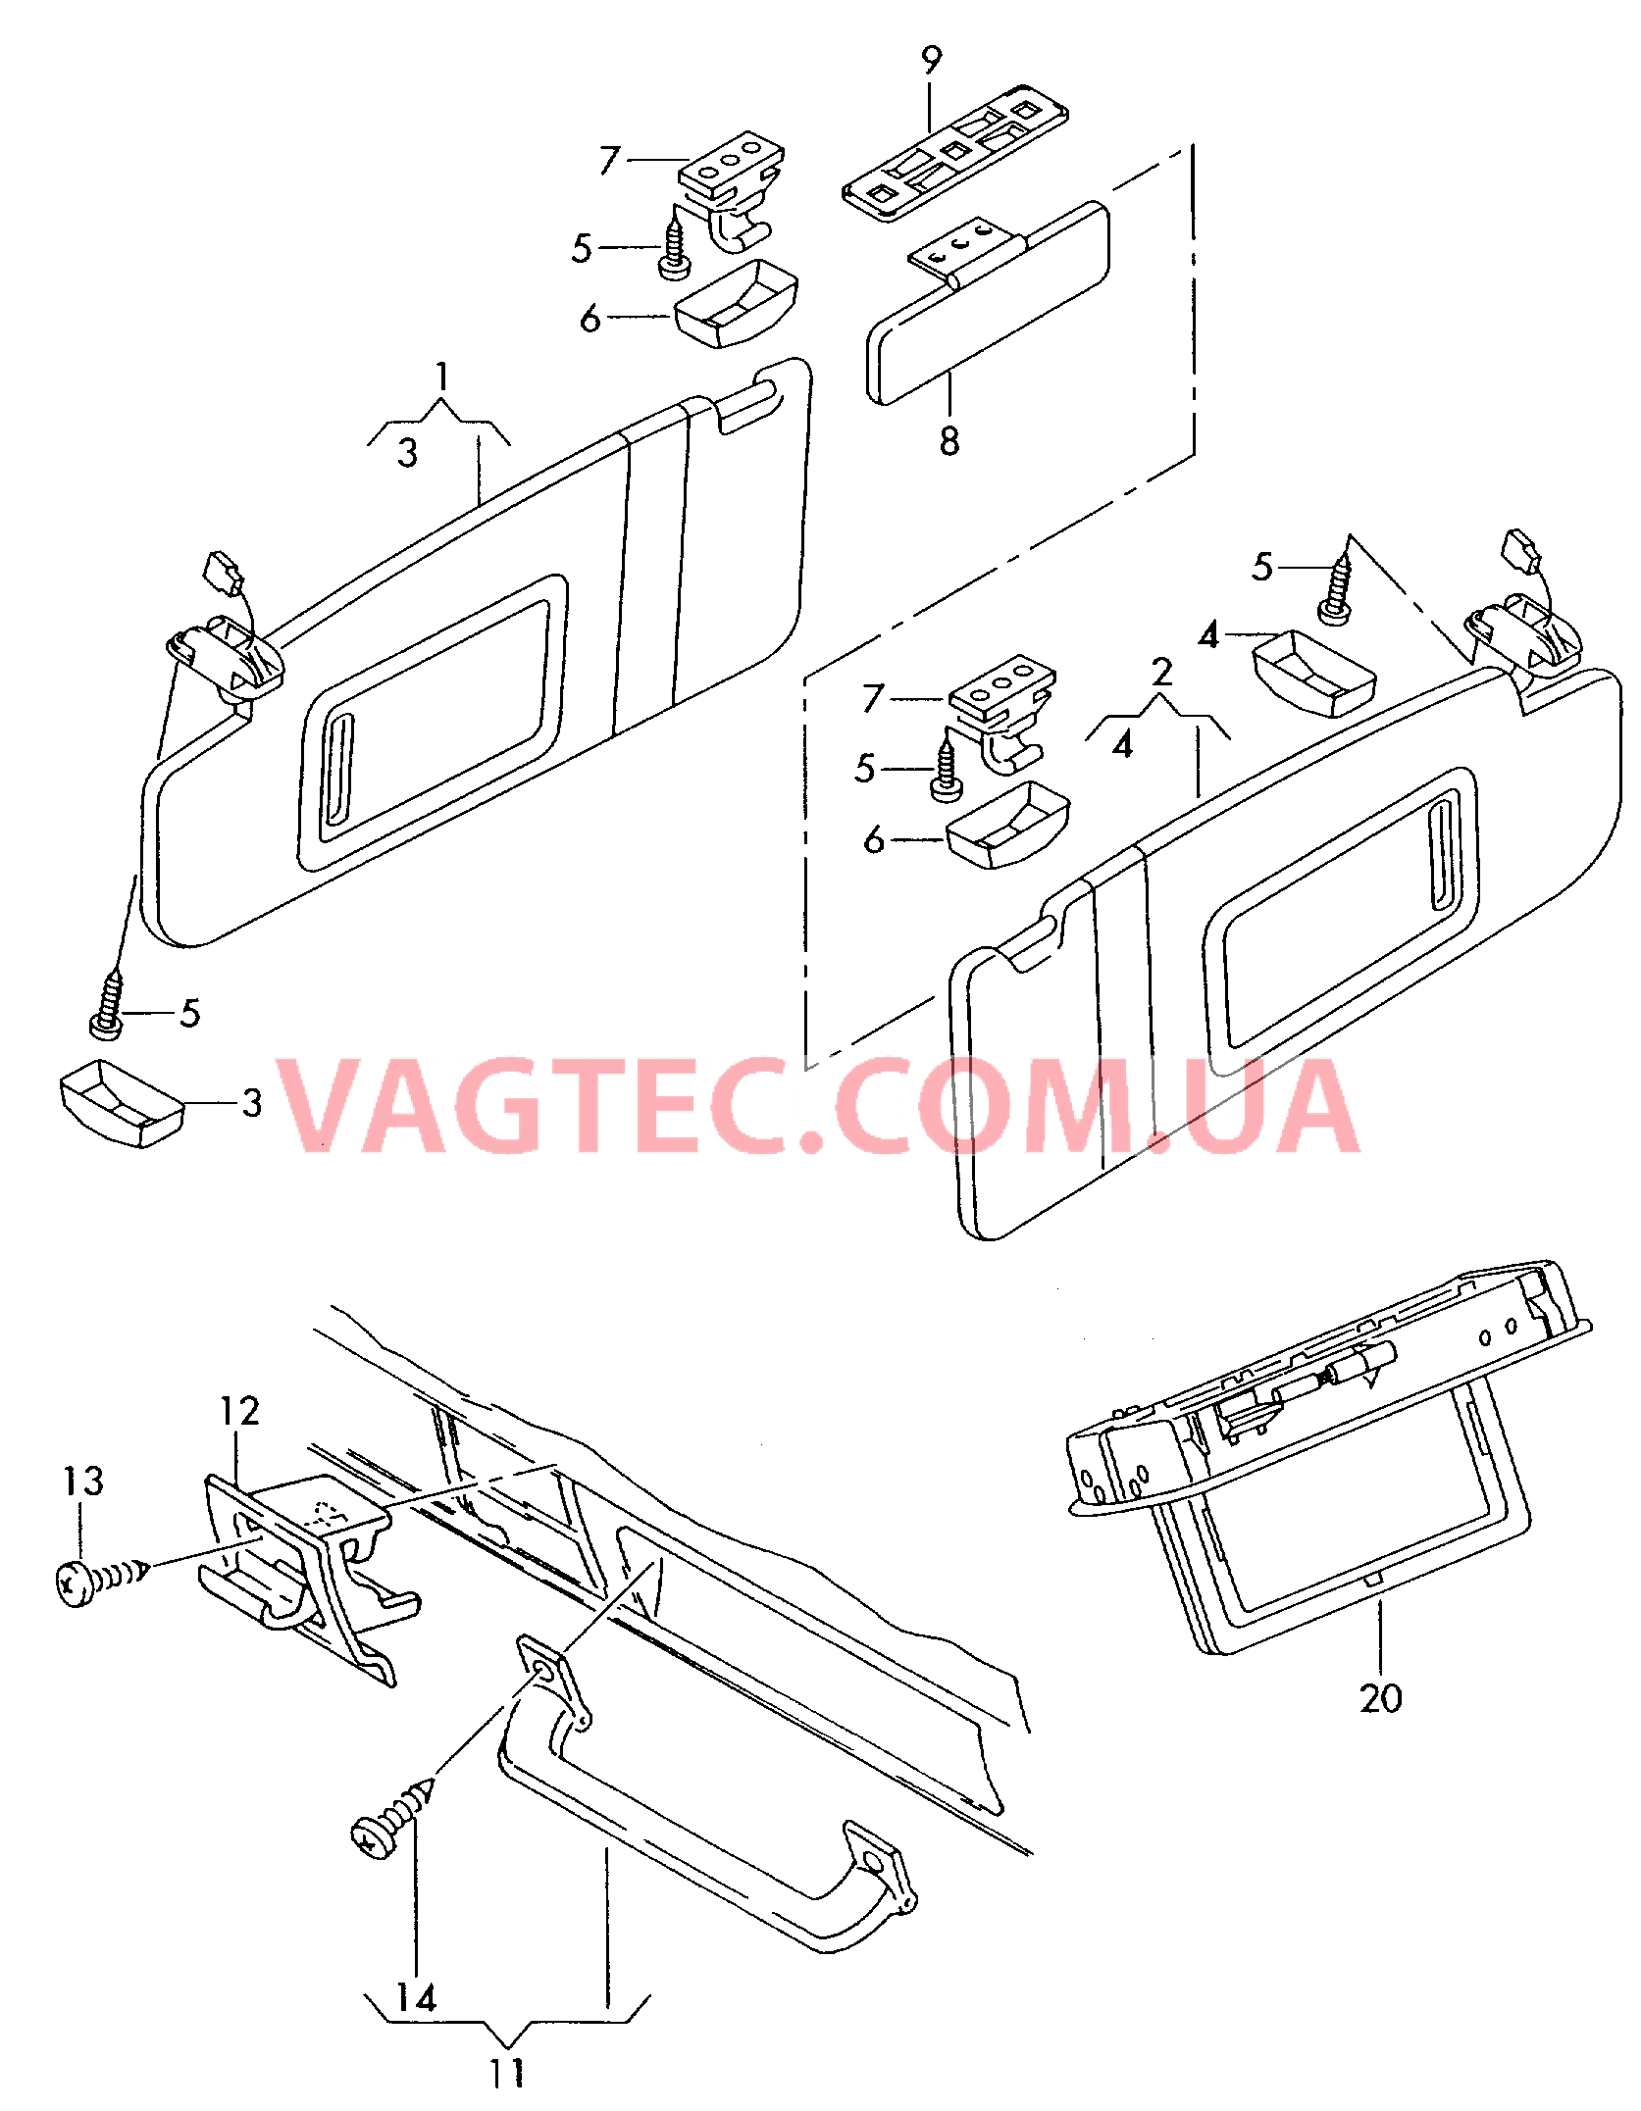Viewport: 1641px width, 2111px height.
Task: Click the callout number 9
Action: click(x=931, y=61)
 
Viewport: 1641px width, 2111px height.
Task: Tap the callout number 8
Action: click(x=949, y=441)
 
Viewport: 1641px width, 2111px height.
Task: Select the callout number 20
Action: click(x=1380, y=1697)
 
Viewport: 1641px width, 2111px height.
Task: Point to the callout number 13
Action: click(x=83, y=1481)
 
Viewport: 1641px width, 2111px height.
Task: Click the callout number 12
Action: click(x=239, y=1411)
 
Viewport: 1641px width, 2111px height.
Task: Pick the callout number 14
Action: click(x=416, y=1997)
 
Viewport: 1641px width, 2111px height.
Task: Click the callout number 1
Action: click(x=442, y=377)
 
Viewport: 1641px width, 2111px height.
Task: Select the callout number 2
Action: click(x=1162, y=672)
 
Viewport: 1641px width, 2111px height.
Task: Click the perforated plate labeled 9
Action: click(x=955, y=153)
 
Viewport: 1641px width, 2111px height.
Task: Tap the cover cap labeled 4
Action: click(x=1314, y=674)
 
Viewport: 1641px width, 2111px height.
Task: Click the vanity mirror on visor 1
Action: click(x=432, y=723)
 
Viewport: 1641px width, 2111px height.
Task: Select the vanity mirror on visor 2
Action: click(x=1340, y=921)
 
